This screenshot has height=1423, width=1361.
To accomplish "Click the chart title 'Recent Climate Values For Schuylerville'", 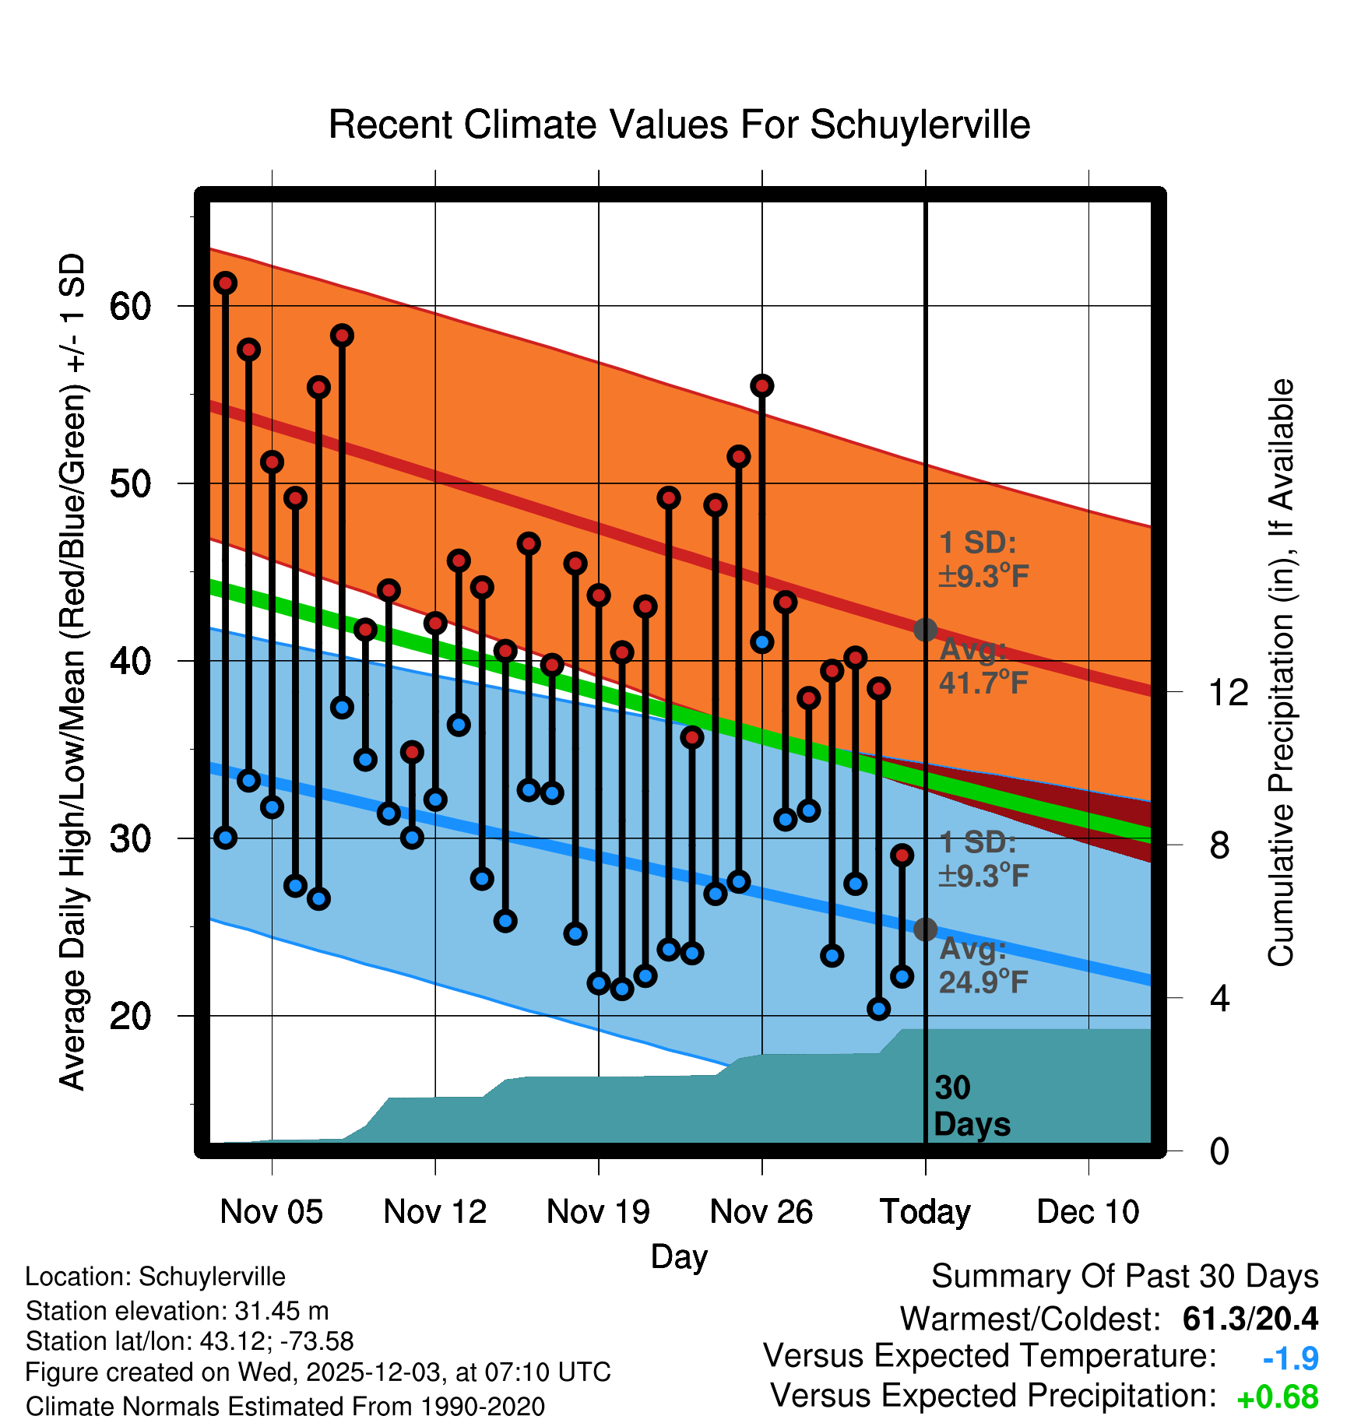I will pos(679,125).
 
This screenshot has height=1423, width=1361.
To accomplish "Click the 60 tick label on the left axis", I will pos(130,307).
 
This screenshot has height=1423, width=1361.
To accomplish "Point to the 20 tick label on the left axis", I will pos(130,1016).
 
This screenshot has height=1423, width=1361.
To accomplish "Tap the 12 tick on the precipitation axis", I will pos(1228,692).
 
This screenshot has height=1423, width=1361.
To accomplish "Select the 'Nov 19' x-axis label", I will pos(598,1212).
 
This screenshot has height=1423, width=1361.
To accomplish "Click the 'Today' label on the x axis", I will pos(925,1212).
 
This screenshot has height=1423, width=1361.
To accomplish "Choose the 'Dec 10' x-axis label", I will pos(1088,1212).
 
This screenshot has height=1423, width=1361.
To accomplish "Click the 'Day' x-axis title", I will pos(679,1256).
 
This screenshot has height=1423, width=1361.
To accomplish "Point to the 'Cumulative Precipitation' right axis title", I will pos(1281,673).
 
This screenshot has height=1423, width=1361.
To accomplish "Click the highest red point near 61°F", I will pos(226,283).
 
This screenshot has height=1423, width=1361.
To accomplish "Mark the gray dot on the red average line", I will pos(925,629).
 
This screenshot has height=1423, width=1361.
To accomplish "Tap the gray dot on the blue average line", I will pos(925,929).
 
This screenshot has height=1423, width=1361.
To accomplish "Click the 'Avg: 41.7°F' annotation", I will pos(983,666).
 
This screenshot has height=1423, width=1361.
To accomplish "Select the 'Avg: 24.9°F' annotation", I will pos(983,965).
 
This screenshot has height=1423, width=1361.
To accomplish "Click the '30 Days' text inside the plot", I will pos(971,1106).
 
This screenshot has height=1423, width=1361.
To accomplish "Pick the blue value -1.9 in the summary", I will pos(1290,1358).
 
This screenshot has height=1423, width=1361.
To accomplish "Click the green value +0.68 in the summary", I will pos(1277,1397).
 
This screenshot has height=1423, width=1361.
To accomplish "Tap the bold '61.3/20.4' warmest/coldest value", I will pos(1250,1319).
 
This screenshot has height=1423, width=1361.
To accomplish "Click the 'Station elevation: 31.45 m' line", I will pos(177,1311).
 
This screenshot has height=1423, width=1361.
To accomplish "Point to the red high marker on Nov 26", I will pos(761,385).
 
